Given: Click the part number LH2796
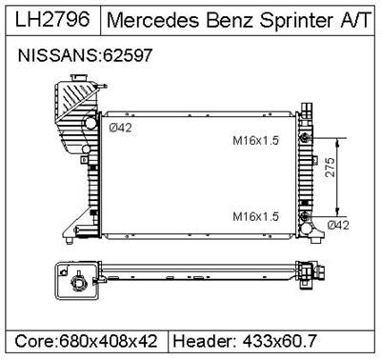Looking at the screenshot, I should click(50, 19).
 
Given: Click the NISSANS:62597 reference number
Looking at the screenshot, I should click(85, 57).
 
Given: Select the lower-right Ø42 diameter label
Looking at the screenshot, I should click(340, 225).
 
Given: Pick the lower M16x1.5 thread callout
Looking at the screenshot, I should click(256, 216).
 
